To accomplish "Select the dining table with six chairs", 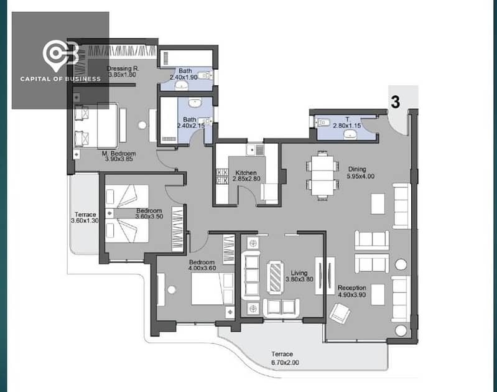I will [x=320, y=175].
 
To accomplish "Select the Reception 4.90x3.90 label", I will [x=351, y=292].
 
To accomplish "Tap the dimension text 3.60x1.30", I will [x=85, y=221].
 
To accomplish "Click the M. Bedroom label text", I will [x=119, y=154].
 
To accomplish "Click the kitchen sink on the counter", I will [x=254, y=150].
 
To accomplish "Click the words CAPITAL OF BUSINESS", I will [x=60, y=79].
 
